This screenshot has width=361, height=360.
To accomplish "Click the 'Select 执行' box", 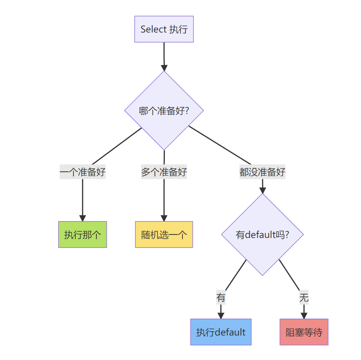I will tap(164, 29).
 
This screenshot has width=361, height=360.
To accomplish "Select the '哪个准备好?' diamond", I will tap(164, 111).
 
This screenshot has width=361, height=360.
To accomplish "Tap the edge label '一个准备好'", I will tap(83, 172).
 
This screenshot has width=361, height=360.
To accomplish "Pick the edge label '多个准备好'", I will tap(164, 172).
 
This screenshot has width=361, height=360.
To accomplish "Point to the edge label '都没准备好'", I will tap(262, 172).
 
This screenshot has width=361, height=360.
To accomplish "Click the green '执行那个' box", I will tap(83, 235).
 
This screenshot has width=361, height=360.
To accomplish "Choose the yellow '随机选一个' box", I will tap(164, 235).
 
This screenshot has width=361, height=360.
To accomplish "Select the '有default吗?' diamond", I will tap(262, 235).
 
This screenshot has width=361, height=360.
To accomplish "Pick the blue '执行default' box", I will tap(221, 332).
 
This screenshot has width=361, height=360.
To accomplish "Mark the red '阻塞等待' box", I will tap(304, 332).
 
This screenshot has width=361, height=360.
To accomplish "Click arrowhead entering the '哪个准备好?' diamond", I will tap(164, 68).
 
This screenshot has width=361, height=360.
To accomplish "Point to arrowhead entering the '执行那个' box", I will tap(83, 218).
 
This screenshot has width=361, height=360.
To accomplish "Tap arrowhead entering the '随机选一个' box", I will tap(164, 218).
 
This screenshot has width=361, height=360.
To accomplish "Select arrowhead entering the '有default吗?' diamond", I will tap(262, 190).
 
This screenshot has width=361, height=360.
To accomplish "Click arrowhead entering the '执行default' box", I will tap(221, 316).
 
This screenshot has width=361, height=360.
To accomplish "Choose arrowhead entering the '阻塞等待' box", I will tap(304, 316).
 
